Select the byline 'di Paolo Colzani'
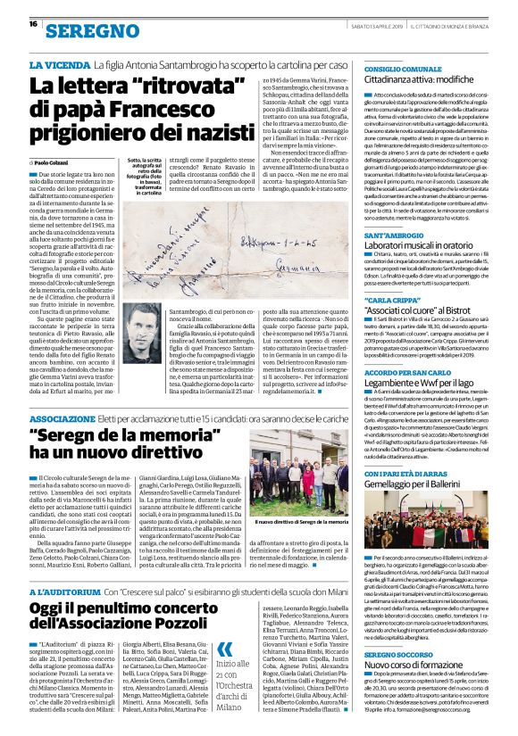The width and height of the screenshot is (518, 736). pyautogui.click(x=55, y=162)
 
